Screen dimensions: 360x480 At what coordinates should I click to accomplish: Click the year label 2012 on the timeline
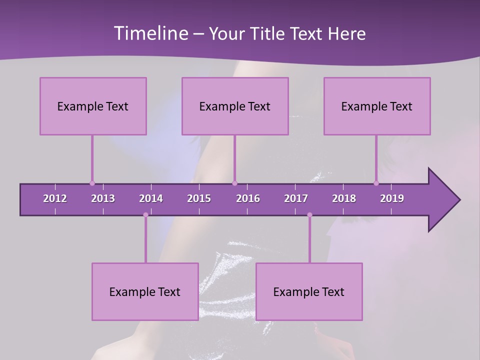click(55, 198)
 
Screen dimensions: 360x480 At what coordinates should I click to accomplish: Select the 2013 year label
click(103, 198)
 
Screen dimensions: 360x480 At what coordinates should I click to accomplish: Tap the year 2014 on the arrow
click(151, 198)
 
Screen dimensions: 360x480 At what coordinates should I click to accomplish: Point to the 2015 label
click(199, 198)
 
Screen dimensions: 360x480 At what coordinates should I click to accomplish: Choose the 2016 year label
click(248, 198)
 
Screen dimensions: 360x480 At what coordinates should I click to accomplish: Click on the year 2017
click(296, 198)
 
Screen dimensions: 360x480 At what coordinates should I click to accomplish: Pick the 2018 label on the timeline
click(344, 198)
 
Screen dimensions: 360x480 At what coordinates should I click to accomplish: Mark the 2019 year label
click(392, 198)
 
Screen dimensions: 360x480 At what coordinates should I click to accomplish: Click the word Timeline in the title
click(149, 33)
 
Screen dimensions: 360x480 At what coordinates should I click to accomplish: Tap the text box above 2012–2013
click(93, 106)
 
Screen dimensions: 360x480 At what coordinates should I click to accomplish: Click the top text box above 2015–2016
click(235, 106)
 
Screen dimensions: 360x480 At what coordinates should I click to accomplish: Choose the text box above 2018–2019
click(377, 106)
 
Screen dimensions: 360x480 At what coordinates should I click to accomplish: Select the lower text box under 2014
click(145, 291)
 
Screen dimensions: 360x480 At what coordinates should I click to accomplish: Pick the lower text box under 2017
click(309, 291)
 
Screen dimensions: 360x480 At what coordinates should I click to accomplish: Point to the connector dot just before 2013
click(92, 183)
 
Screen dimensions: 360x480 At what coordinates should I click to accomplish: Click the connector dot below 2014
click(145, 215)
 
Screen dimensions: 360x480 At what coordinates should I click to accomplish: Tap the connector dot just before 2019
click(376, 183)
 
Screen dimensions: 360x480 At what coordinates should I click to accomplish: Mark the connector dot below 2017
click(309, 215)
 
